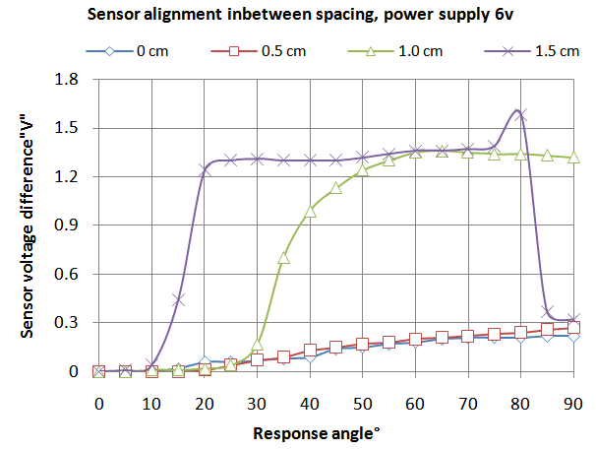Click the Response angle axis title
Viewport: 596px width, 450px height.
(x=335, y=432)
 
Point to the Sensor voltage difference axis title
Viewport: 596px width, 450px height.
(x=27, y=225)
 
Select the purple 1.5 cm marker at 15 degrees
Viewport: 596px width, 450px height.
(x=178, y=299)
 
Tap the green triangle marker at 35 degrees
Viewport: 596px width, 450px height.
(x=283, y=258)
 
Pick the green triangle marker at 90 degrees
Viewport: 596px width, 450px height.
(x=574, y=158)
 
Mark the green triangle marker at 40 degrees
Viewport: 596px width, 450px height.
(x=310, y=211)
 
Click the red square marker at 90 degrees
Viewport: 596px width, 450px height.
(x=574, y=327)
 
